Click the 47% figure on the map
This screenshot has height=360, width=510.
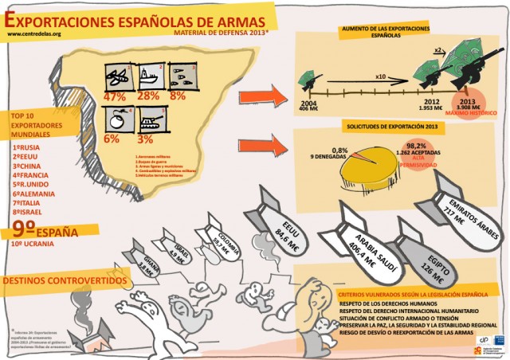116,96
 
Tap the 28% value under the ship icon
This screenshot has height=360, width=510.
149,96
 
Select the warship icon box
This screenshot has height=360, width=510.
149,76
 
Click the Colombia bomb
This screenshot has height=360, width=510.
218,239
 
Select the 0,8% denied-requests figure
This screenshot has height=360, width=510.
340,150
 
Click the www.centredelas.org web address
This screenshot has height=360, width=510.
33,34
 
